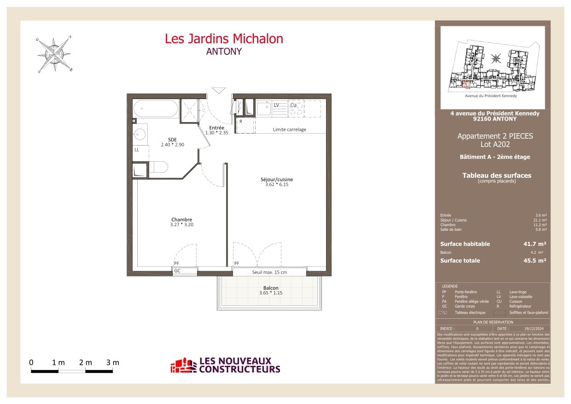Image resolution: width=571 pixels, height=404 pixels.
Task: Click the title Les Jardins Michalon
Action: (x=224, y=39)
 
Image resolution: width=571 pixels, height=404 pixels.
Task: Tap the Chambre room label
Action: (x=181, y=220)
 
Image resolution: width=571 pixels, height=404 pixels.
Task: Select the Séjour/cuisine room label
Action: (x=276, y=180)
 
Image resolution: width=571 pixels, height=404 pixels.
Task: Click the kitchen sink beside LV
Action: (x=264, y=109)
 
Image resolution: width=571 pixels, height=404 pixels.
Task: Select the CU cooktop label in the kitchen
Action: (x=293, y=105)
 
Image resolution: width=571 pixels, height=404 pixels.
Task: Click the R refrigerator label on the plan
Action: (x=240, y=122)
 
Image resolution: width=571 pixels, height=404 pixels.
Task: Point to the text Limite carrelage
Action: (x=289, y=129)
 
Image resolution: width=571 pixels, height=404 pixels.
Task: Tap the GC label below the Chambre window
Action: (x=177, y=271)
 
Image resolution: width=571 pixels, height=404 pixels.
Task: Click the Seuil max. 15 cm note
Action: (x=269, y=272)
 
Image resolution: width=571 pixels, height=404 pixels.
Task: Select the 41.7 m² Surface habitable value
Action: (x=535, y=244)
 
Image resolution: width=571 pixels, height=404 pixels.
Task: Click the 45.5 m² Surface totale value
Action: (x=535, y=261)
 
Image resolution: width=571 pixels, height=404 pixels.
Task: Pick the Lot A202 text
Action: (x=495, y=144)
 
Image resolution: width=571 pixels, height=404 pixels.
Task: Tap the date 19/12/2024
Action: (x=534, y=328)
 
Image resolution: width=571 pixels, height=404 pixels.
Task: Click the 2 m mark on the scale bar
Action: (x=85, y=363)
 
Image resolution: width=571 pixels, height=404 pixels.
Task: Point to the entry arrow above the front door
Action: (x=217, y=90)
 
